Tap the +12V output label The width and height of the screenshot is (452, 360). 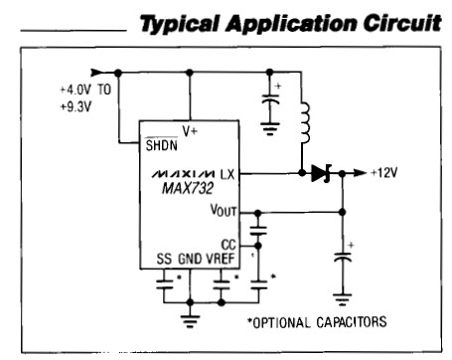coord(385,173)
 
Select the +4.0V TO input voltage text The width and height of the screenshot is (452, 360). coord(82,88)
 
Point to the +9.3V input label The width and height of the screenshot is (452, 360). coord(75,103)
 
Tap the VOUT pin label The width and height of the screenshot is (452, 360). coord(225,212)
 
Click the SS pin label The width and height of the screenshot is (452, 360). coord(164,259)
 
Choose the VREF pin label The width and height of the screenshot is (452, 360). coord(224,259)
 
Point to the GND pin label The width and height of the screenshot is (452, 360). coord(191,259)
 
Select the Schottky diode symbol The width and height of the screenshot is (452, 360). coord(319,173)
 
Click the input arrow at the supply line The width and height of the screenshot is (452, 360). coord(97,72)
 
